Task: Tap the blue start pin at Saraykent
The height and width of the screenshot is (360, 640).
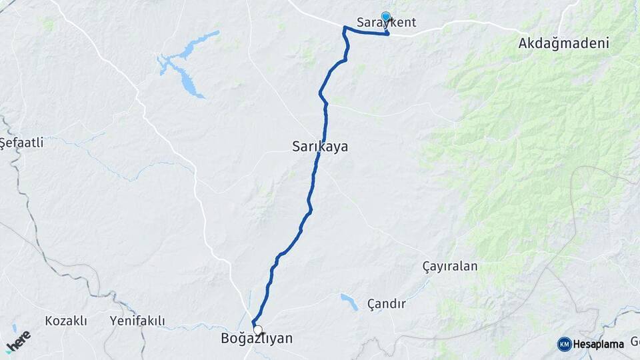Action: point(385,17)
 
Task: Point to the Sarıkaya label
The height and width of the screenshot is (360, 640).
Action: point(320,146)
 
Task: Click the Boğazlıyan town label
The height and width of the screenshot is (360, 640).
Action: point(257,339)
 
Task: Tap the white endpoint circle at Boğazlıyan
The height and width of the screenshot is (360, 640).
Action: point(258,329)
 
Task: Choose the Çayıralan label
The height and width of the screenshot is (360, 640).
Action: point(450,266)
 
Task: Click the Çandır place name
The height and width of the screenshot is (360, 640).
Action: point(387,304)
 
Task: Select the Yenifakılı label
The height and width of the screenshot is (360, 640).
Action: point(138,321)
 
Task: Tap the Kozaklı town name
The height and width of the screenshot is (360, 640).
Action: point(66,321)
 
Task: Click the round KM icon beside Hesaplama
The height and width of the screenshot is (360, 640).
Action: point(564,344)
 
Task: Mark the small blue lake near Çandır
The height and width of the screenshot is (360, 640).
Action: point(348,301)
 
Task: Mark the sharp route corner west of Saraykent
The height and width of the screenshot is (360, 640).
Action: point(344,28)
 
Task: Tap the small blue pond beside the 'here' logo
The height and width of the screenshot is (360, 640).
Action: point(14,329)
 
